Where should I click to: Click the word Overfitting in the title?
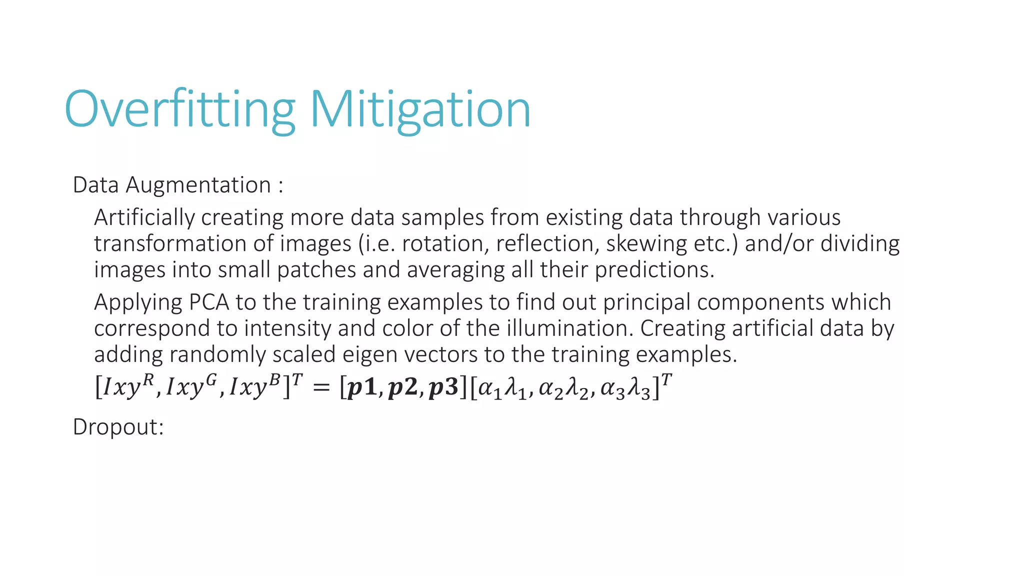(180, 110)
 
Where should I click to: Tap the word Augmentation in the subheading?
(198, 185)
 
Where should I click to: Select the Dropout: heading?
(118, 427)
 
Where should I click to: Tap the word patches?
(316, 270)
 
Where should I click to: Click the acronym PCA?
(208, 302)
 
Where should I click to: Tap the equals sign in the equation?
(321, 387)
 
